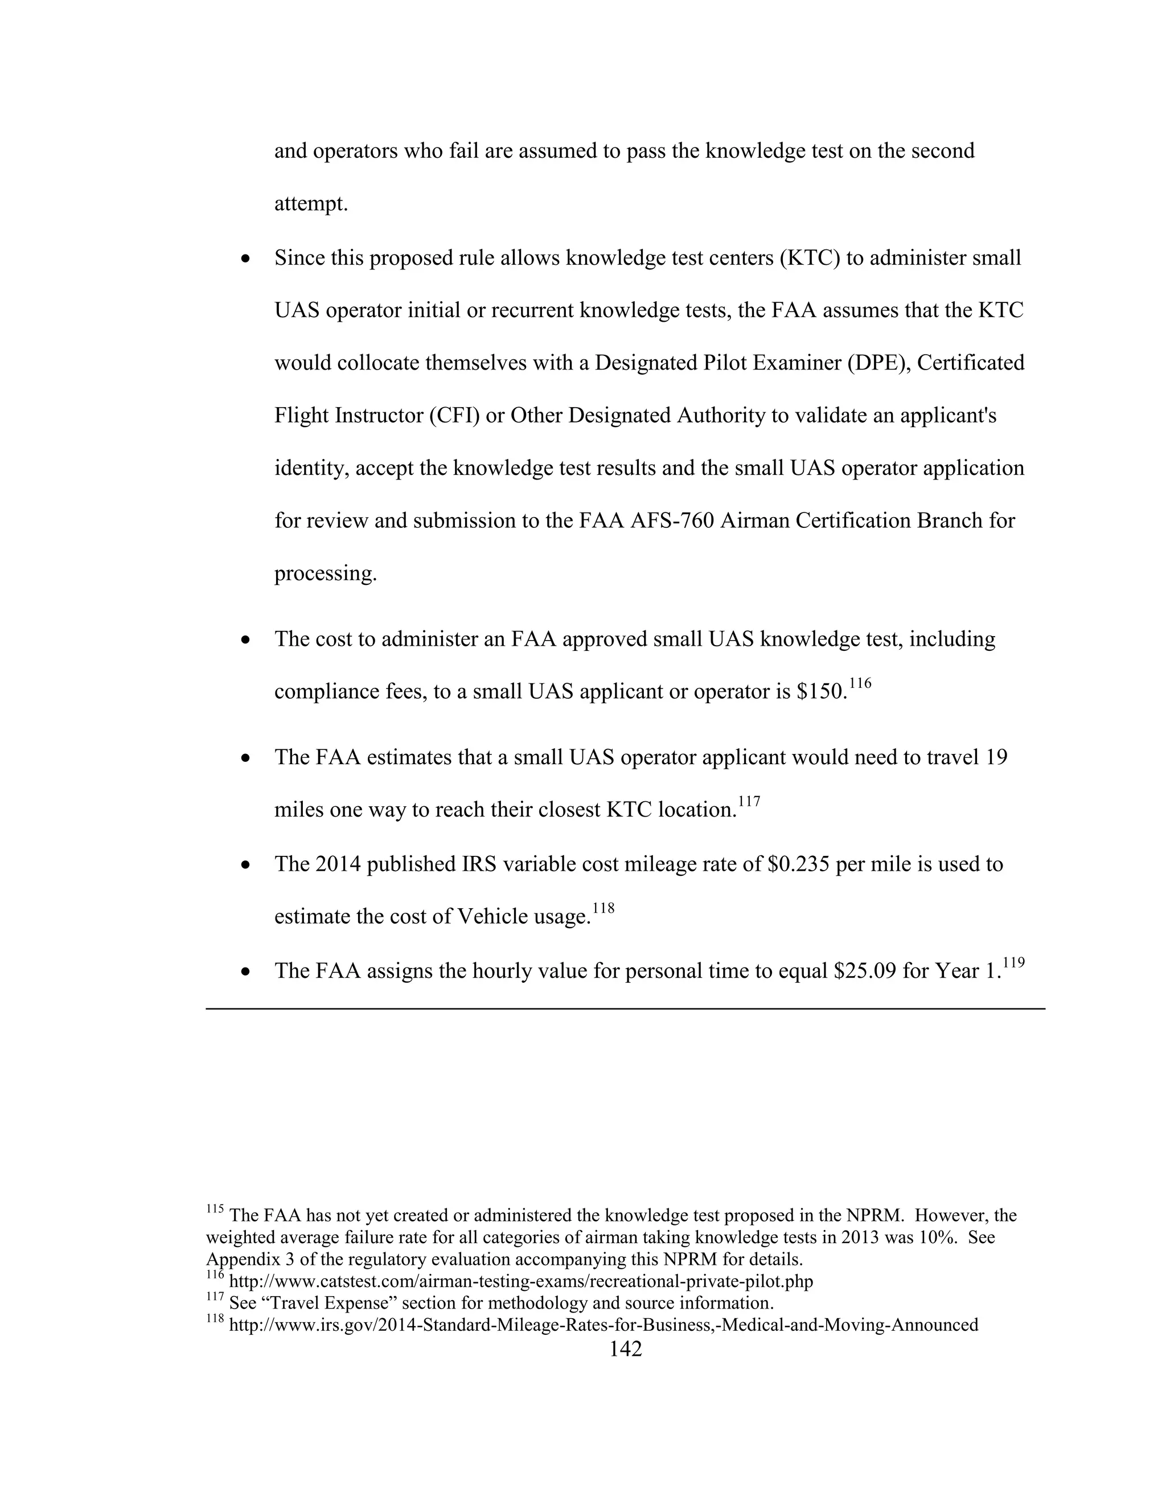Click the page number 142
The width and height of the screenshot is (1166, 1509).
pyautogui.click(x=625, y=1348)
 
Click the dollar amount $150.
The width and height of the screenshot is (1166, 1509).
pyautogui.click(x=822, y=692)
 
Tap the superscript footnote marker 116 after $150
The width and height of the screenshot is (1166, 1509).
pyautogui.click(x=860, y=683)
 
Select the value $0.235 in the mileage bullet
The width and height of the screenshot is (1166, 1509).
pyautogui.click(x=798, y=864)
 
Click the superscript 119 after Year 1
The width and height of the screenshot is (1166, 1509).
pyautogui.click(x=1013, y=962)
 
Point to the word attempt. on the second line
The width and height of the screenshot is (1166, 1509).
pyautogui.click(x=311, y=204)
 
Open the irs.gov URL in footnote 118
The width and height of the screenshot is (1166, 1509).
pyautogui.click(x=603, y=1325)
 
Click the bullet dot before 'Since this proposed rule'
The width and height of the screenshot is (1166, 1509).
pyautogui.click(x=245, y=260)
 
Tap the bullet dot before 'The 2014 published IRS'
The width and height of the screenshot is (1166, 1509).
pyautogui.click(x=245, y=866)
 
